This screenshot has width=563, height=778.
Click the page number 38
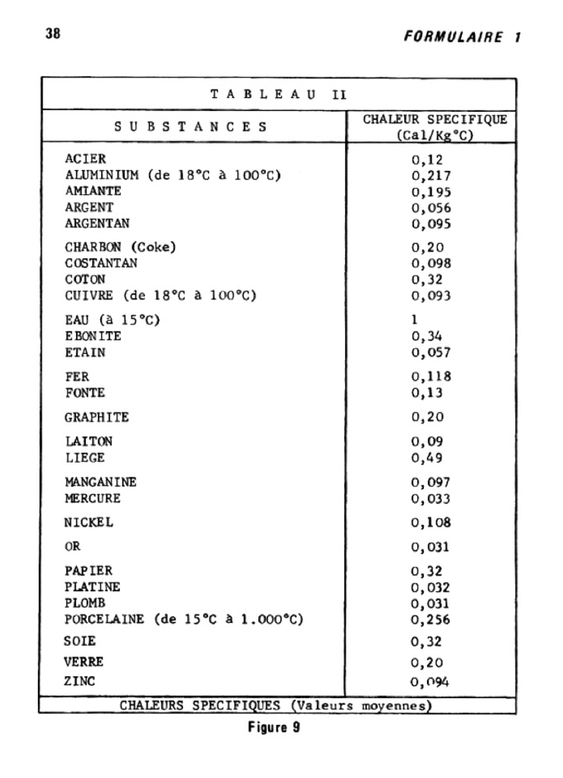[x=52, y=34]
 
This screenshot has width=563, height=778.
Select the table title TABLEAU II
[x=278, y=95]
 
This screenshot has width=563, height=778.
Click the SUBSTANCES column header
[x=191, y=127]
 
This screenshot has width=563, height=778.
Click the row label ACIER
[x=85, y=160]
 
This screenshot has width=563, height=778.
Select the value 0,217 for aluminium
[x=431, y=176]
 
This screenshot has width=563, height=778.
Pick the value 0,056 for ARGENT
[x=431, y=208]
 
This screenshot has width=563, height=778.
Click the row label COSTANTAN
[x=101, y=264]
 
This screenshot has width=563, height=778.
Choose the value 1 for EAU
[x=415, y=320]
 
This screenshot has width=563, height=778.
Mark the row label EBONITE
[x=93, y=336]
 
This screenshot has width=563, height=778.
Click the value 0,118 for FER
[x=431, y=377]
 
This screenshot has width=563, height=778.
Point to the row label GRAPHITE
[x=96, y=417]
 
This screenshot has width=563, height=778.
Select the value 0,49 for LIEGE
[x=427, y=458]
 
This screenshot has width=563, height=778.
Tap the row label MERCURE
[x=93, y=498]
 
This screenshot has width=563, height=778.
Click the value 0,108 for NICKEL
[x=431, y=523]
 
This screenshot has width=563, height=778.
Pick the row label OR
[x=72, y=546]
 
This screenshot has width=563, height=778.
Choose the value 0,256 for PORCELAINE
[x=431, y=620]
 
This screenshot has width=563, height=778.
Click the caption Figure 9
[x=274, y=729]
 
